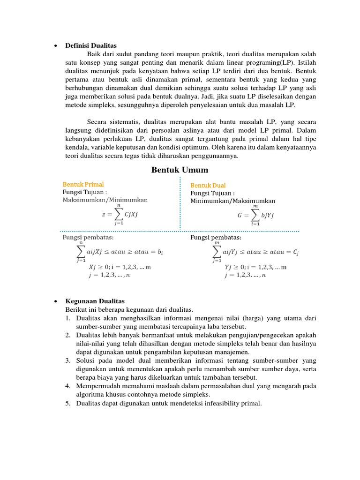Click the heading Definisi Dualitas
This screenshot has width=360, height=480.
coord(91,45)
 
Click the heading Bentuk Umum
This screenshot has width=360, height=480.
coord(180,170)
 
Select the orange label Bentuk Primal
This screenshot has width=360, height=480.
coord(83,184)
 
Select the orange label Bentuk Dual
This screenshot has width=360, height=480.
coord(208,186)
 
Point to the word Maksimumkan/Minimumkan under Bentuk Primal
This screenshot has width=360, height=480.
coord(105,200)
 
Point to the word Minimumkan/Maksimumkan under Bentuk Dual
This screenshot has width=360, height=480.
coord(233,201)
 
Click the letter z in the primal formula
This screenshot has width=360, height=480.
coord(104,214)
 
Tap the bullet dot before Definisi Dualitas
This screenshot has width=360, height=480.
coord(56,46)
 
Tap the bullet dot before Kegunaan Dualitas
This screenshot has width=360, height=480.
coord(56,301)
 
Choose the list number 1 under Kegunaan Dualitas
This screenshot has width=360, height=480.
coord(68,318)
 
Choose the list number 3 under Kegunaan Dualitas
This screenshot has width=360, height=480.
coord(68,360)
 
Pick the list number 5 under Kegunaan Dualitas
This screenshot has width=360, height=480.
coord(68,403)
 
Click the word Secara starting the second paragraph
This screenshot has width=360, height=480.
coord(97,122)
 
